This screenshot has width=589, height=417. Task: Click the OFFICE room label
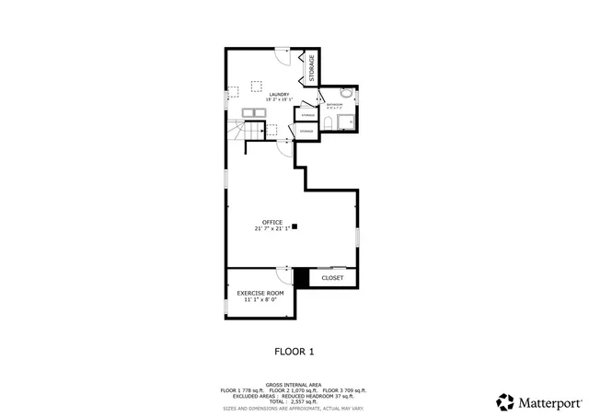pos(271,222)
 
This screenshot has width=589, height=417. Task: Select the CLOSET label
pos(332,277)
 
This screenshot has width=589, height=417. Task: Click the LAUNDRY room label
pos(280,94)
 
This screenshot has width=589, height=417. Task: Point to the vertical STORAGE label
pos(311,67)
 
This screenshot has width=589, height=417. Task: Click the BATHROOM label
pos(333,104)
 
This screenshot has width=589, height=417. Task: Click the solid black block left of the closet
pos(300,276)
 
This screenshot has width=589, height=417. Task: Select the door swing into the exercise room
pos(283,273)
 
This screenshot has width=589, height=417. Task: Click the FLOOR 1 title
pos(294,351)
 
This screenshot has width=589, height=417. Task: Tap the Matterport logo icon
pos(504,401)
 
